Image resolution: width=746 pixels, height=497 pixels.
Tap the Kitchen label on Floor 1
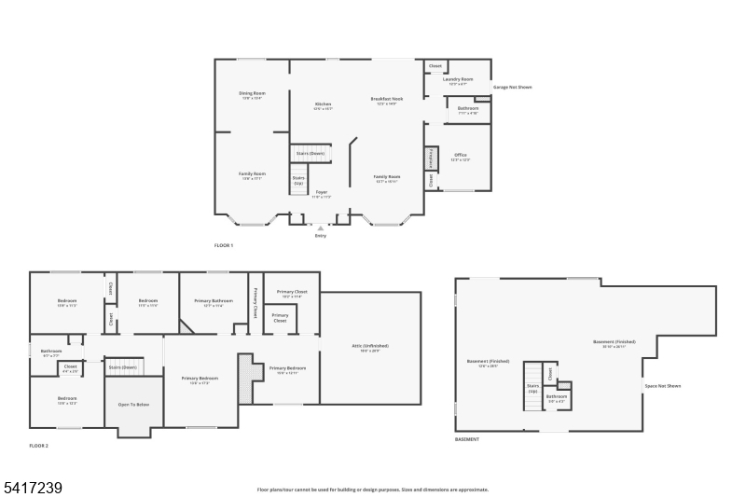tap(323, 104)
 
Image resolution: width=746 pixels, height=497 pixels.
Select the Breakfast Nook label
tap(386, 99)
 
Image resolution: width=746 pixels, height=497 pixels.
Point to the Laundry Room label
tap(458, 79)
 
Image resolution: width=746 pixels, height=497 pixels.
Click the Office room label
tap(460, 155)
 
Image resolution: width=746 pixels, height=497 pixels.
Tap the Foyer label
tap(321, 192)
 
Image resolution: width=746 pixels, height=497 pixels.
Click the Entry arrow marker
tap(321, 227)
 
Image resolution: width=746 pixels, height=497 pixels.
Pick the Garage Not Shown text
tap(512, 87)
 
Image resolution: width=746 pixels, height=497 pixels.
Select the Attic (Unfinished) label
tap(369, 346)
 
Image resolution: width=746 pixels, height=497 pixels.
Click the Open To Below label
tap(133, 405)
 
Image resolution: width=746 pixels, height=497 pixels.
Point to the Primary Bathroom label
tap(214, 300)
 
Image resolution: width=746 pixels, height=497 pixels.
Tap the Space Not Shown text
tap(662, 385)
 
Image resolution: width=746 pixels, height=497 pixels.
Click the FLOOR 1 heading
tap(224, 245)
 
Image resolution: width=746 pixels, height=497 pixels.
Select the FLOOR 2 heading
tap(38, 446)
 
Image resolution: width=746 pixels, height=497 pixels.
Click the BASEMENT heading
tap(467, 438)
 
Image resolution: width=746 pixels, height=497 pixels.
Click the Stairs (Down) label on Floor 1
tap(310, 153)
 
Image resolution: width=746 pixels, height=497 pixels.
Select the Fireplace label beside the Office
tap(431, 159)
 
